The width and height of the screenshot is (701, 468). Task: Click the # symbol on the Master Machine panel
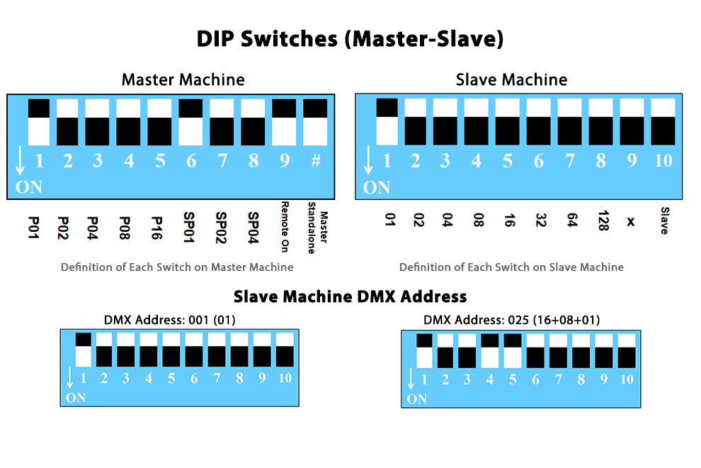[x=316, y=160]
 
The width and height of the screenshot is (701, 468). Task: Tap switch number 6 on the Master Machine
[x=190, y=122]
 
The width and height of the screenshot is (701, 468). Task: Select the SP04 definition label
[x=253, y=228]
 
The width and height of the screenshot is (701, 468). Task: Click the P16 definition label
[x=156, y=228]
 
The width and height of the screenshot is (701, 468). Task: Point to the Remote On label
[x=285, y=227]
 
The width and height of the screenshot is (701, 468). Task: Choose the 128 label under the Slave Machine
[x=603, y=220]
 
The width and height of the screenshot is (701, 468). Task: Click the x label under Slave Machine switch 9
[x=631, y=221]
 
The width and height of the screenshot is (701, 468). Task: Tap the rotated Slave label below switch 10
[x=665, y=221]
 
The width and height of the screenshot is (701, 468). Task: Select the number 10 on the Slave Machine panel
[x=663, y=160]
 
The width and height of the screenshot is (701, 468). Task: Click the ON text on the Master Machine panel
[x=29, y=187]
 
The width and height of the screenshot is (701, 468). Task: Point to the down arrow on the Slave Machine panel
[x=368, y=160]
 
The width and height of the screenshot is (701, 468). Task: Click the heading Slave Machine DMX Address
[x=350, y=296]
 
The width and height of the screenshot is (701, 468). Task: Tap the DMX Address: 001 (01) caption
[x=169, y=320]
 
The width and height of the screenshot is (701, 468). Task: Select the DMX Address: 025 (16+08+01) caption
[x=511, y=320]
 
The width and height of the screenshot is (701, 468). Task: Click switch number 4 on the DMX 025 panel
[x=489, y=351]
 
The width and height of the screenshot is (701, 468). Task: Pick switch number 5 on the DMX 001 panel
[x=171, y=350]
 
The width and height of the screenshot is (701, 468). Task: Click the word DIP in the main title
[x=215, y=38]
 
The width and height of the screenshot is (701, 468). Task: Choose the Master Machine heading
[x=183, y=79]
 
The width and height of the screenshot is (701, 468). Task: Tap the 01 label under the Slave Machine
[x=390, y=219]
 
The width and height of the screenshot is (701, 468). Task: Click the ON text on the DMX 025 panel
[x=416, y=399]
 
